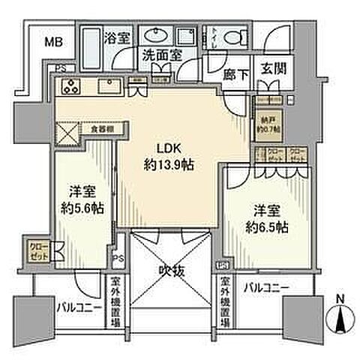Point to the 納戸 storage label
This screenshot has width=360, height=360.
[x=268, y=121]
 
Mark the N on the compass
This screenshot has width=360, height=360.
[x=343, y=298]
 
